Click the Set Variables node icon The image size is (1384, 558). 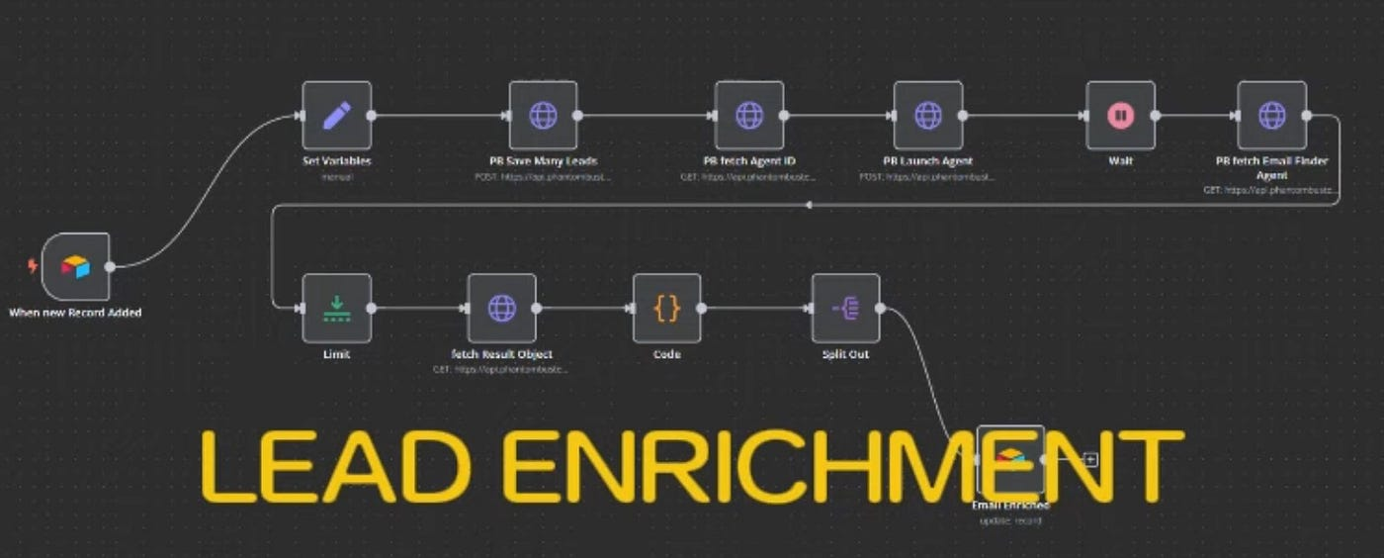point(336,115)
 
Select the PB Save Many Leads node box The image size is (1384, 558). point(543,115)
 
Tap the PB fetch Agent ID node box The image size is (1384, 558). point(749,115)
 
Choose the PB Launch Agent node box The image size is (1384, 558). point(927,115)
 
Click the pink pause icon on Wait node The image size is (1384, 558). point(1120,115)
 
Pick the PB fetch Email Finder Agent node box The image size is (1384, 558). point(1271,115)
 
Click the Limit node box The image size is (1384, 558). point(336,308)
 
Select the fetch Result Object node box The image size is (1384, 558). point(501,308)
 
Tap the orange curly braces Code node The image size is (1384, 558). point(667,308)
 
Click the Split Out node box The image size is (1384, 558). point(845,308)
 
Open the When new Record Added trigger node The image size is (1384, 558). point(76,266)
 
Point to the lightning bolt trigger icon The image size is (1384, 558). point(34,266)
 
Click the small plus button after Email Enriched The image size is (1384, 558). point(1090,459)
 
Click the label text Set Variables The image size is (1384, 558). point(336,161)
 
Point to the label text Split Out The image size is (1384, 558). point(845,354)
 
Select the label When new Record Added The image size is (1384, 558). point(75,313)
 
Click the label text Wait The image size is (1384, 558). point(1120,161)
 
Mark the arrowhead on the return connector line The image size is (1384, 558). point(809,205)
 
